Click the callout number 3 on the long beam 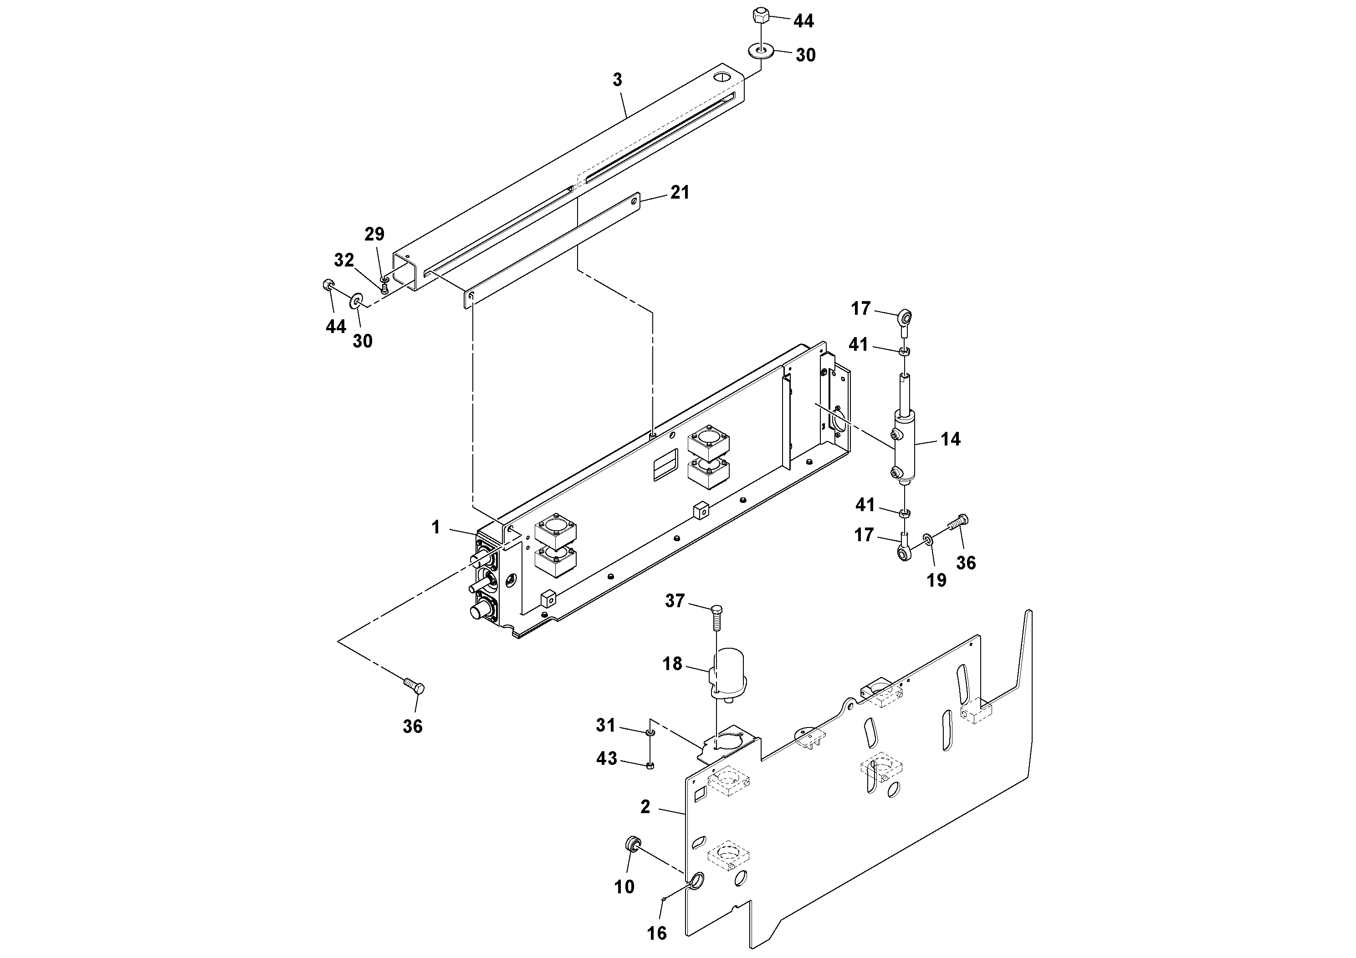(617, 80)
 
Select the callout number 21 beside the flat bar (680, 193)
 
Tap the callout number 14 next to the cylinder (950, 439)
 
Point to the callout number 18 (672, 664)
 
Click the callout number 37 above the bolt (675, 601)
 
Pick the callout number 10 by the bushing (624, 886)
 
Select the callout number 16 (657, 933)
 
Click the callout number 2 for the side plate (645, 807)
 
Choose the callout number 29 (374, 235)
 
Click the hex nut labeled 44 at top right (760, 16)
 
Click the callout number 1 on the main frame (436, 528)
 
